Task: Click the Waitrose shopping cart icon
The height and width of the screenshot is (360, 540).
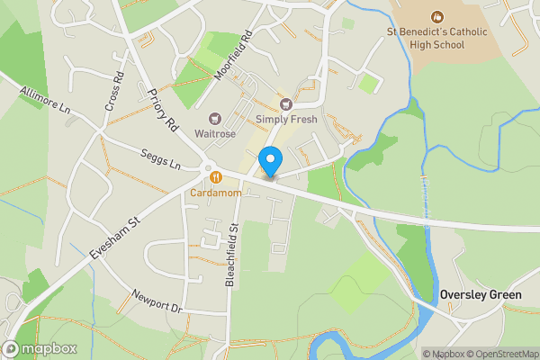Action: [x=216, y=117]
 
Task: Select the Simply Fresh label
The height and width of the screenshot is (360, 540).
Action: [x=286, y=119]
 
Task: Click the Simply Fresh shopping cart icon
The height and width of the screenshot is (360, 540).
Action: [x=286, y=103]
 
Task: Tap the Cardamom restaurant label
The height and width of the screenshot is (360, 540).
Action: [x=216, y=193]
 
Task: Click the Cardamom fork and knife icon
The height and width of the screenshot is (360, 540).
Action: [x=216, y=177]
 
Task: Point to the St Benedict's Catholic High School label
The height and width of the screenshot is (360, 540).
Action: [x=436, y=40]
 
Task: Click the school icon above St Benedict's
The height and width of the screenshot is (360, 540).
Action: [x=437, y=16]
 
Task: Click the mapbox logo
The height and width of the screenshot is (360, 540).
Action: [x=40, y=348]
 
